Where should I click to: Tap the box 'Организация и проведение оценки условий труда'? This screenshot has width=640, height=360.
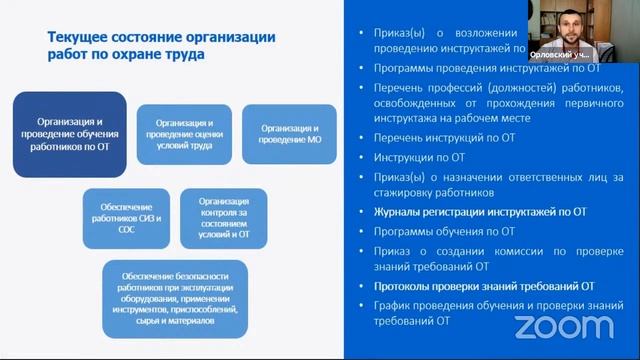point(183,133)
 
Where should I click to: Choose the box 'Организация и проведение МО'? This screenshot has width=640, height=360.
point(289,134)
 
